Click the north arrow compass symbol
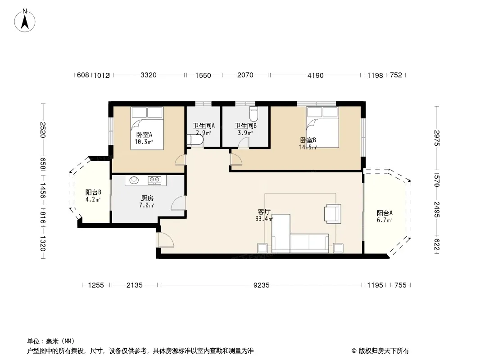tap(25, 21)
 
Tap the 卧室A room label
tap(144, 135)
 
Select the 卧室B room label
tap(308, 140)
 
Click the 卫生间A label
tap(204, 126)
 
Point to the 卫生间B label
tap(245, 126)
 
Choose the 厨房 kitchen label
tap(147, 198)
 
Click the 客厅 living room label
tap(264, 211)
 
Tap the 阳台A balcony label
tap(385, 213)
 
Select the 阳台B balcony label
tap(93, 193)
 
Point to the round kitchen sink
tap(134, 180)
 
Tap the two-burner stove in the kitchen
tap(154, 180)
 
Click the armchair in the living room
tap(333, 213)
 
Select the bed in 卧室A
tap(147, 128)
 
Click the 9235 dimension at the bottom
tap(262, 285)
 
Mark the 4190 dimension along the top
tap(315, 75)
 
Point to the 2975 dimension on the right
tap(437, 138)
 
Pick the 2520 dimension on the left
tap(42, 130)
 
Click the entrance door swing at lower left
tap(165, 240)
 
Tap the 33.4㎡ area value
tap(264, 219)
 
